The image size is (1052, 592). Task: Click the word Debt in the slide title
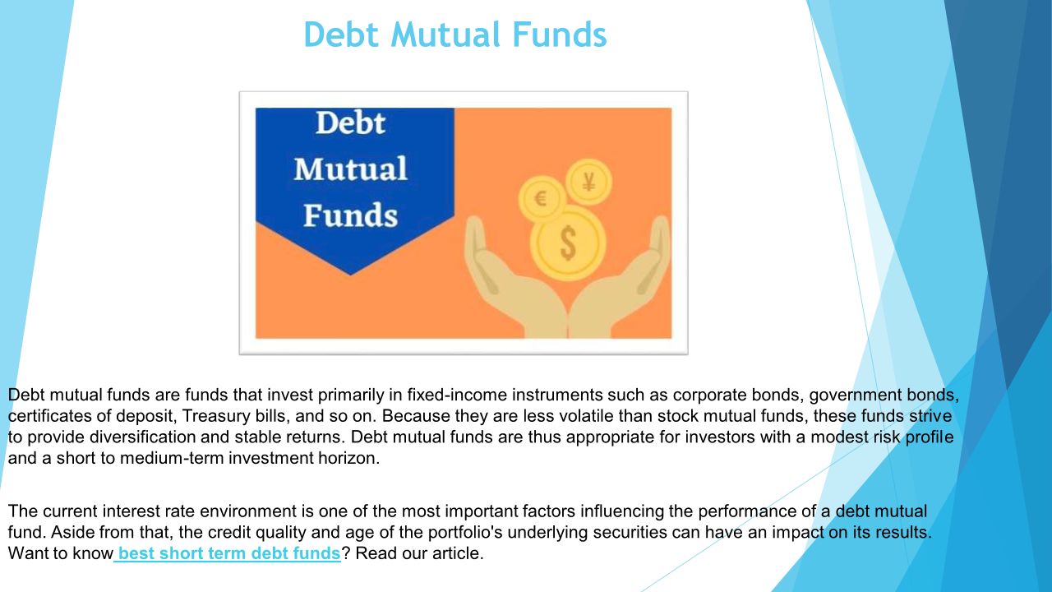tap(341, 35)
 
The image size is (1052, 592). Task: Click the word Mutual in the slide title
tap(445, 35)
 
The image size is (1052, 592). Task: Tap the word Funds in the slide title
tap(560, 35)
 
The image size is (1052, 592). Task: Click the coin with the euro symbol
tap(542, 199)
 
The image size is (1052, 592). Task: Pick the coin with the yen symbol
tap(588, 182)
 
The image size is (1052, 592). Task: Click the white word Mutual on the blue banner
tap(350, 169)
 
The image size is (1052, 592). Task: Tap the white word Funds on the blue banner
tap(350, 215)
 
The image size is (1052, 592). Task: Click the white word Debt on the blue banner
tap(350, 123)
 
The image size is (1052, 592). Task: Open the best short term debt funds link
tap(228, 553)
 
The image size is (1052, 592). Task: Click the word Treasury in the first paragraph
tap(216, 416)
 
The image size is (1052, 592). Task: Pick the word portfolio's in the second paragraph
tap(465, 532)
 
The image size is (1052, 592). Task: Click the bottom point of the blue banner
tap(350, 275)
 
